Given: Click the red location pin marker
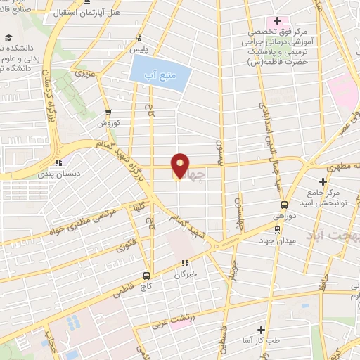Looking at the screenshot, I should pos(180,166).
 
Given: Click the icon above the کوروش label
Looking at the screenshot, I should pos(108,112).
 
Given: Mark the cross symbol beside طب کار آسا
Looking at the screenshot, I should pos(260,329).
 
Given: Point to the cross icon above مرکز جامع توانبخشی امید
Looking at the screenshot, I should pos(323,181).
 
